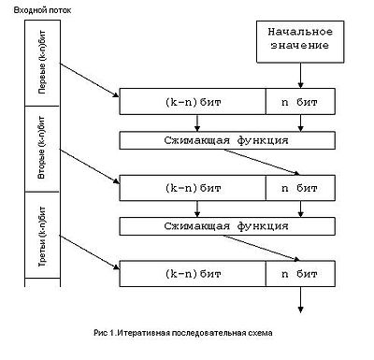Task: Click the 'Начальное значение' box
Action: point(300,42)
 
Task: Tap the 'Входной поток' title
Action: point(42,10)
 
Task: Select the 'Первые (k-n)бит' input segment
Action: point(42,63)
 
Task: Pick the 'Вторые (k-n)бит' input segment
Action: point(42,149)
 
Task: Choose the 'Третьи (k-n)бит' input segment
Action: point(42,235)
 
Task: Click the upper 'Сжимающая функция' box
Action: point(227,140)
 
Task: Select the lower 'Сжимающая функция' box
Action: point(227,226)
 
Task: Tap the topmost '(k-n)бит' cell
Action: point(193,102)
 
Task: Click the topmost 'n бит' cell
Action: point(300,102)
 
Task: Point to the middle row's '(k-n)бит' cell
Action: point(193,188)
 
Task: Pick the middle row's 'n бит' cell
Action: point(300,188)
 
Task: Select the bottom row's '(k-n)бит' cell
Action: point(193,274)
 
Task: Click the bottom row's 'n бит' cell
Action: point(300,274)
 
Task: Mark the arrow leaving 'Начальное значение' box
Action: point(300,76)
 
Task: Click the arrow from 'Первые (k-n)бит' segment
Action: point(90,80)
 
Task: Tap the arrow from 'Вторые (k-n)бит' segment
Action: point(90,166)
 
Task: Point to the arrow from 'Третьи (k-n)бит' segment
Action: point(90,252)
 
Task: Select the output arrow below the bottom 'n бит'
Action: point(300,299)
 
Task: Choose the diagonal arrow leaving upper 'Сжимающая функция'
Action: point(262,162)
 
